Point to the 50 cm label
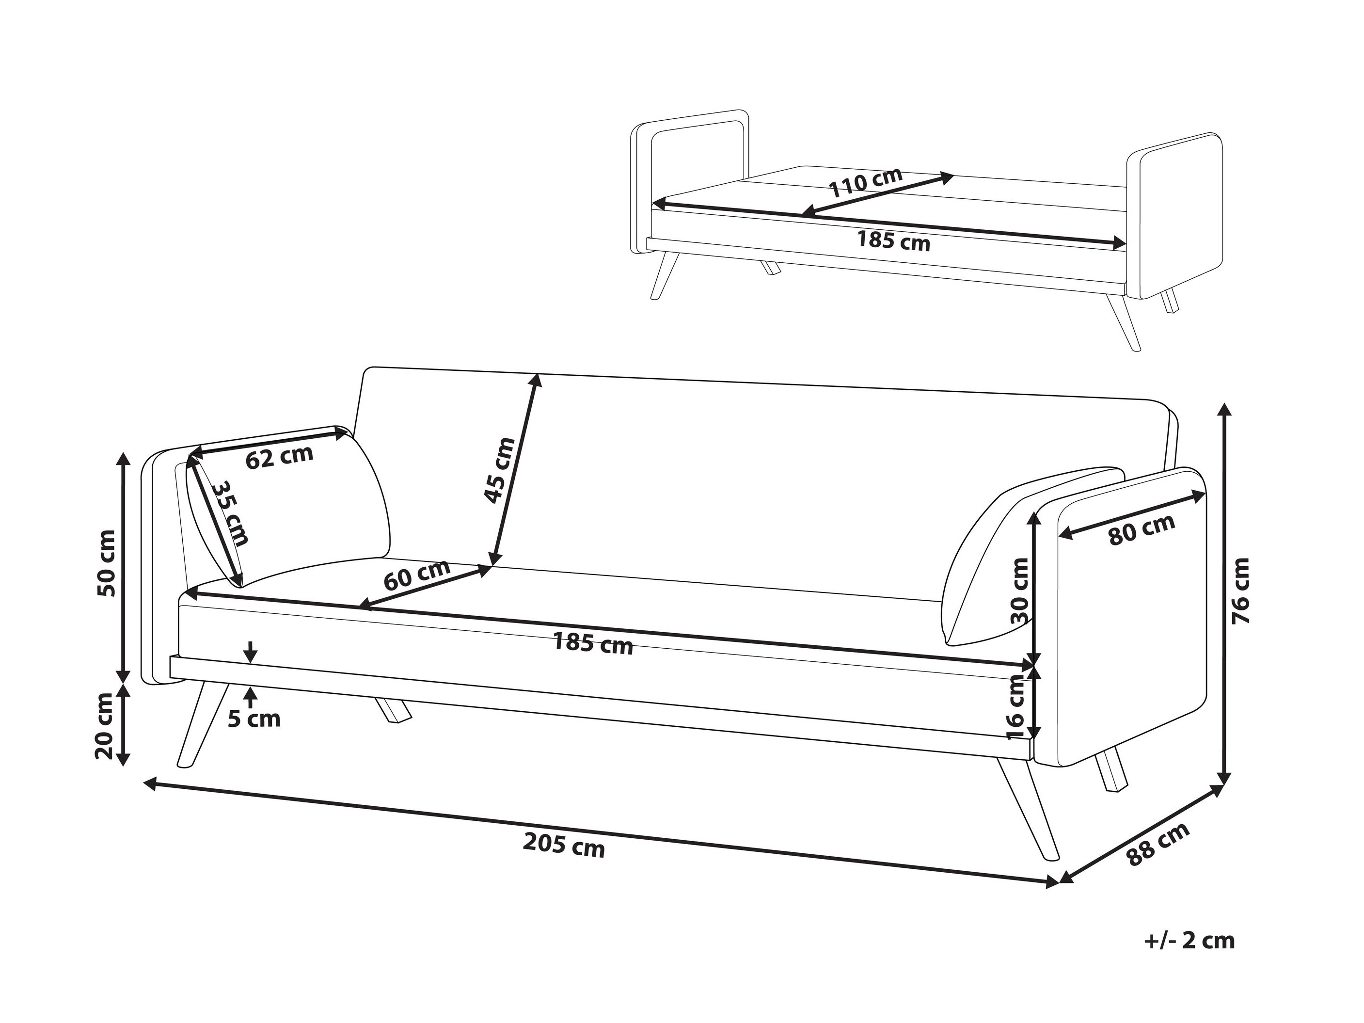tap(106, 562)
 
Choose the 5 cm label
tap(254, 719)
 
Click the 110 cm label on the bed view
tap(865, 183)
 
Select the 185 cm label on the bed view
tap(893, 240)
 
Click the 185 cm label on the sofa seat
tap(593, 644)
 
